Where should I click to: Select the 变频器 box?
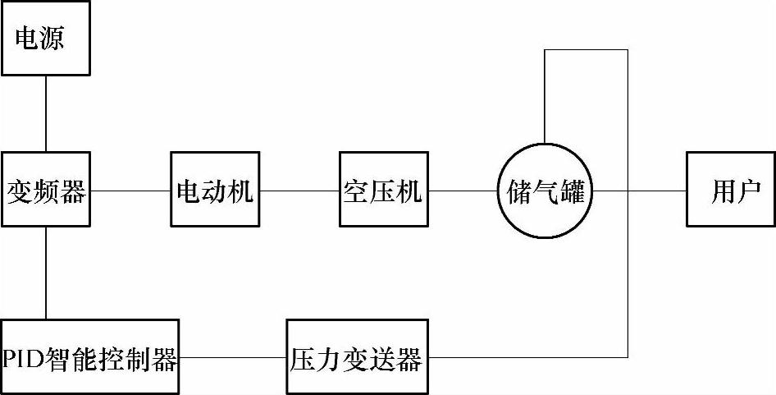(45, 191)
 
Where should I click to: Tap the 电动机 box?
(215, 191)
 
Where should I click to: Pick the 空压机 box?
(383, 191)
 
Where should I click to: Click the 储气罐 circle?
(545, 191)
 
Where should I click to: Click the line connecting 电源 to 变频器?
(45, 113)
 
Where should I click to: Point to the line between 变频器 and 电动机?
(130, 191)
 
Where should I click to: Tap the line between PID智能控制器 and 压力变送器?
(233, 357)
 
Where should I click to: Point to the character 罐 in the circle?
(572, 192)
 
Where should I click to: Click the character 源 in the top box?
(68, 38)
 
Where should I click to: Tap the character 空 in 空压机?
(356, 192)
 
